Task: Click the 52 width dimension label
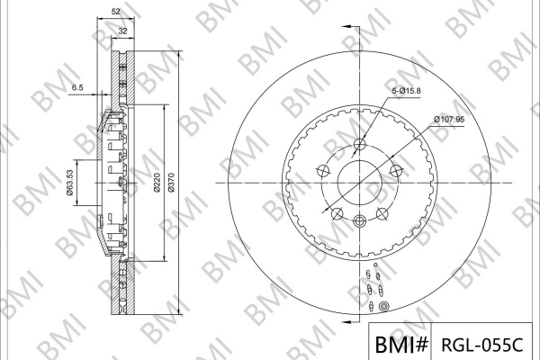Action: pos(116,12)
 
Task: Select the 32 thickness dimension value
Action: pos(123,31)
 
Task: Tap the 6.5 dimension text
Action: pos(77,87)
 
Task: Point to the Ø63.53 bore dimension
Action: pos(70,183)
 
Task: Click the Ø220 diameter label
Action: pos(157,183)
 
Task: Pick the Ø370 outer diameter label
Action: pos(172,183)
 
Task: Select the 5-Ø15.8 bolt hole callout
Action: pos(407,91)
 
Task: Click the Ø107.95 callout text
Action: pos(449,120)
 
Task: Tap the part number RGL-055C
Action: pos(481,344)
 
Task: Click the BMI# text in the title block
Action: pos(401,344)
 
